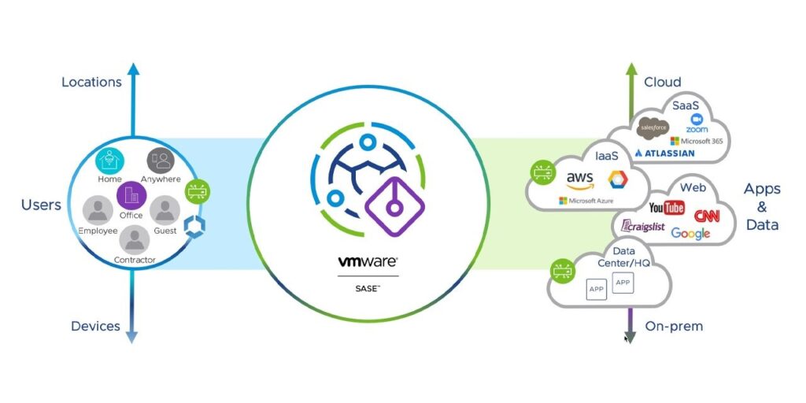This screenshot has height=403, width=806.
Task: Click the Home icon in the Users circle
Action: pos(110,161)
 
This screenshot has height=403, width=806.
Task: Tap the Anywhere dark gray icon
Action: pos(161,161)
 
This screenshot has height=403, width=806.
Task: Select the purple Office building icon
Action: pos(130,194)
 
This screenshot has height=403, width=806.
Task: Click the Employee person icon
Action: pos(98,211)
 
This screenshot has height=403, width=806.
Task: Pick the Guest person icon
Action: pos(165,211)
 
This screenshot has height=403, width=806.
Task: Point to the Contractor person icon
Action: pos(135,239)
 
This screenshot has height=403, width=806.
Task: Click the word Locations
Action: pos(91,82)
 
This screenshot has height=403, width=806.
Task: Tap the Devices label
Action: pos(95,326)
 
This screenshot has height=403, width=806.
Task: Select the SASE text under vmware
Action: pos(368,289)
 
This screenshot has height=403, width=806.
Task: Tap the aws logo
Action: pos(580,178)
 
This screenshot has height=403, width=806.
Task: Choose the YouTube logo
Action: pos(667,207)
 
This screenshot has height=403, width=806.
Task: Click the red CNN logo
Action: pos(707,216)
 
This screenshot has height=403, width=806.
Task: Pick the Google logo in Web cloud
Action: pos(690,233)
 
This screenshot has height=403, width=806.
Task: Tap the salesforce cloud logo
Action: pos(653,127)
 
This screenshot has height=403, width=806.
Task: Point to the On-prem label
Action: pos(674,326)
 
